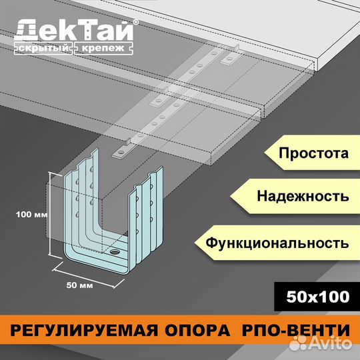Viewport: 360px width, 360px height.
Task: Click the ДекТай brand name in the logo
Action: [74, 30]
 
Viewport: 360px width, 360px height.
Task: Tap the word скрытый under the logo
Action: [43, 48]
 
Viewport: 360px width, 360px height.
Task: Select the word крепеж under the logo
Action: [103, 48]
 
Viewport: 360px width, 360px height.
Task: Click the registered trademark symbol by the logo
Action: [136, 22]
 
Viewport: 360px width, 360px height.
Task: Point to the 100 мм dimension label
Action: [32, 215]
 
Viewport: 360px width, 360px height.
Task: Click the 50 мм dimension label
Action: [80, 285]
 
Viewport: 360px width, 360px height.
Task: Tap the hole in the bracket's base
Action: [115, 252]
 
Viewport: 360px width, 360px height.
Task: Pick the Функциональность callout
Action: [277, 243]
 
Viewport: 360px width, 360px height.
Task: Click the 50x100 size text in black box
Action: [318, 297]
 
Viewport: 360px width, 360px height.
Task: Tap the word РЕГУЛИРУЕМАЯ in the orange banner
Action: [84, 330]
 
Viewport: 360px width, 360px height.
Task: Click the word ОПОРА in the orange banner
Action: [197, 330]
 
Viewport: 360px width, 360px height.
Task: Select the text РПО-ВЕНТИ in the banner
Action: [296, 330]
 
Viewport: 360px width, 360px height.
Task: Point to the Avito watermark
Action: [321, 343]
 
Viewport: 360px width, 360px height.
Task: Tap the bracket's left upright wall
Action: [81, 202]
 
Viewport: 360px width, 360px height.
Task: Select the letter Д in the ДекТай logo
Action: [25, 30]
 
